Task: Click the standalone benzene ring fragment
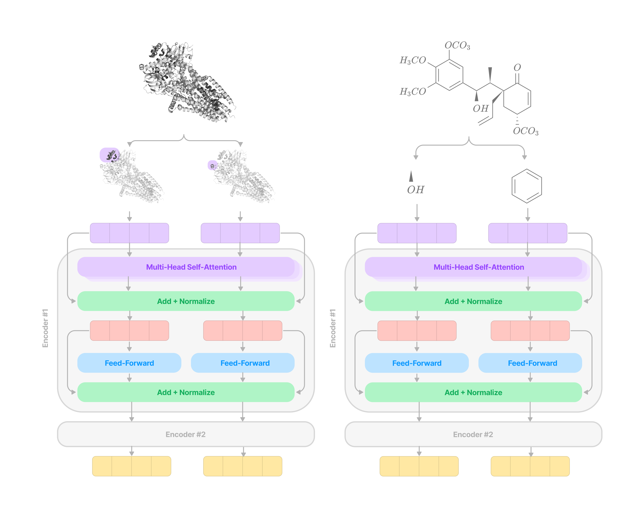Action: [x=526, y=186]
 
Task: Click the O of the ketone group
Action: [x=517, y=68]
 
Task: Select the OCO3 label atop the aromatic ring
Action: [x=457, y=46]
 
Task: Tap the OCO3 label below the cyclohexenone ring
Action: [x=526, y=131]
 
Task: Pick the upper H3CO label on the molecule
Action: [x=413, y=61]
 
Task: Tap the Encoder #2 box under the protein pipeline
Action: [x=185, y=434]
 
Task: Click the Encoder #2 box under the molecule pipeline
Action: [x=473, y=434]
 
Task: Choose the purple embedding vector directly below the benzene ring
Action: [x=528, y=233]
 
